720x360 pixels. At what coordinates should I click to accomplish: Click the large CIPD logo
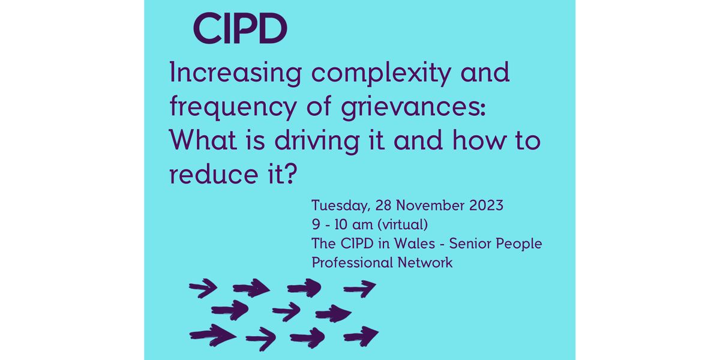tap(240, 28)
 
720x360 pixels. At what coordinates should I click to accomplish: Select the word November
tap(432, 205)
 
